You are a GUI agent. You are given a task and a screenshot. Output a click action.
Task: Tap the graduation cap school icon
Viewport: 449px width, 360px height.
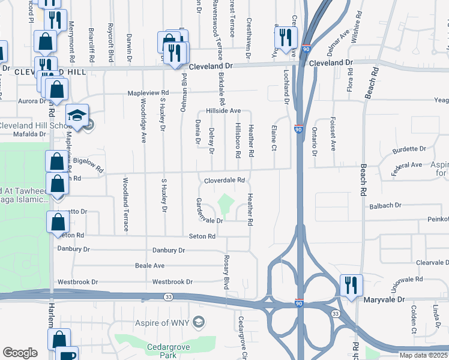[77, 116]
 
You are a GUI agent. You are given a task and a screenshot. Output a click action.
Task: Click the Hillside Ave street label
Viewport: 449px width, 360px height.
[223, 111]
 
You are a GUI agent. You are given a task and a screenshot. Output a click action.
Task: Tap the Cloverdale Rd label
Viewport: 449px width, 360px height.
[224, 180]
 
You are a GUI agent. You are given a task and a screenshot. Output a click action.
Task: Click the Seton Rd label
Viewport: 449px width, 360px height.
[202, 236]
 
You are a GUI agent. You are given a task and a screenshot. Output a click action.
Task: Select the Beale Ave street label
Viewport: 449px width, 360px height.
[149, 265]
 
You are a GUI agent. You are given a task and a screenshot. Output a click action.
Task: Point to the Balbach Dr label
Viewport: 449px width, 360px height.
[385, 206]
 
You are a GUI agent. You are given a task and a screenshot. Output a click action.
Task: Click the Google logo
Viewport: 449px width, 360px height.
[20, 353]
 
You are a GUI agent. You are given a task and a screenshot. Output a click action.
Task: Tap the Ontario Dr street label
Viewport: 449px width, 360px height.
[314, 142]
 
